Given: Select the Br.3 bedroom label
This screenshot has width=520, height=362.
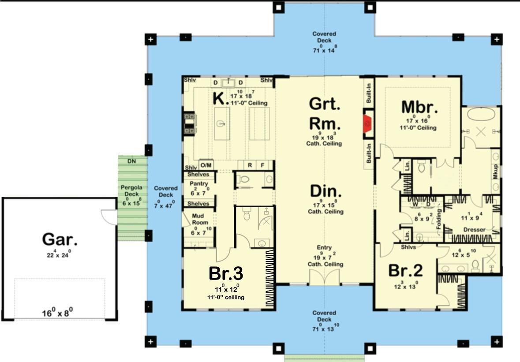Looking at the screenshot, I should point(226,274).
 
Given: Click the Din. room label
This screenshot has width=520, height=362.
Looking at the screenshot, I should point(326,191).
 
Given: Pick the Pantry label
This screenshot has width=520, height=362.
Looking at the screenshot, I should point(198,183).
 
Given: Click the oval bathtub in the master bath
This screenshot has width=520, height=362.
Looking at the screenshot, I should point(481,116).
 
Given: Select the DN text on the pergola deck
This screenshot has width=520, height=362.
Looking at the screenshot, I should point(132,161).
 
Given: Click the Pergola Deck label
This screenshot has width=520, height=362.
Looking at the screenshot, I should point(132,190).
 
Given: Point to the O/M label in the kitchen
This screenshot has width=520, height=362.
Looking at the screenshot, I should point(206,165).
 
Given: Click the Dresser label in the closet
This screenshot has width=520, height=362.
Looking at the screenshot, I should point(474,230).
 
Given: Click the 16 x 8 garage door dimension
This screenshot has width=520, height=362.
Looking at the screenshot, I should point(57,313).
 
